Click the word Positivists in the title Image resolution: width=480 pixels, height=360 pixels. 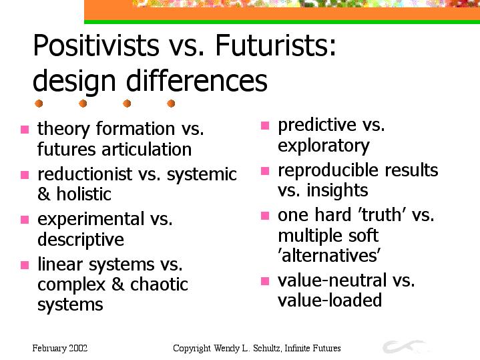(96, 45)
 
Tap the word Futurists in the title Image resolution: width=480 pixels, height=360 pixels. (276, 45)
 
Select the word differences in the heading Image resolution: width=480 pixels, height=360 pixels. (196, 80)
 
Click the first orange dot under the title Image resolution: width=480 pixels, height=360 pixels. (39, 104)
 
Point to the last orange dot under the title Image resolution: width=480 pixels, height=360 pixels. (171, 104)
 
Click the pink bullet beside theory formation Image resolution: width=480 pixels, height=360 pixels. (25, 130)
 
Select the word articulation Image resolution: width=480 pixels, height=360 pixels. (147, 149)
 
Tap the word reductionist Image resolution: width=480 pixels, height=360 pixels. (85, 174)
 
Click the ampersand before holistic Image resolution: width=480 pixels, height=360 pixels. (44, 194)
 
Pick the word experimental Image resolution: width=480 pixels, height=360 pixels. (91, 220)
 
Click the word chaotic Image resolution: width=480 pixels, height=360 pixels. (159, 284)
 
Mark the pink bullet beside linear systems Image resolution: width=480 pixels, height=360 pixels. (25, 265)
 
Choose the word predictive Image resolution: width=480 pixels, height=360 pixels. (317, 126)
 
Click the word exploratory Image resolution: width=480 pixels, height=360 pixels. (324, 146)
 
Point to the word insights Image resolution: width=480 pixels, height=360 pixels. (337, 190)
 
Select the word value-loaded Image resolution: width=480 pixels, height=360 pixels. (330, 300)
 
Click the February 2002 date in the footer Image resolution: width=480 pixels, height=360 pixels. (60, 349)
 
